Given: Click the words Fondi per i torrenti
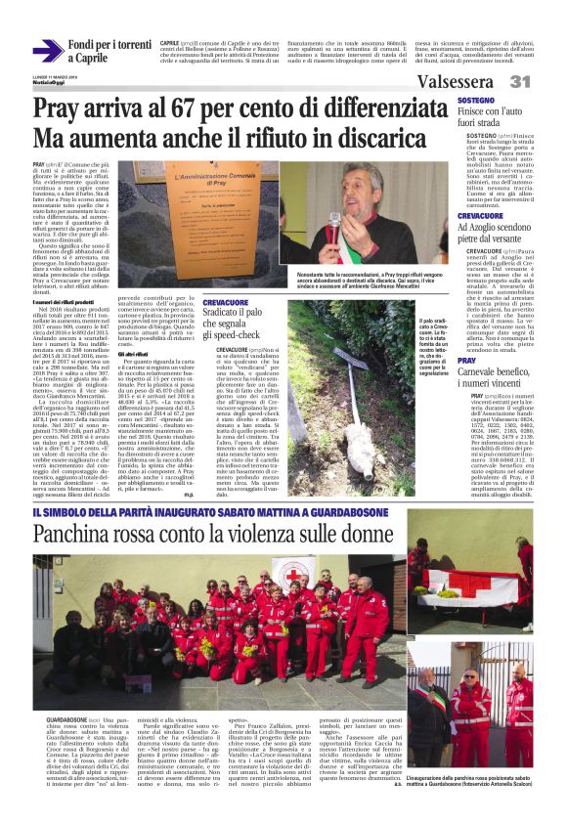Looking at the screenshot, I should pos(109,45).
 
